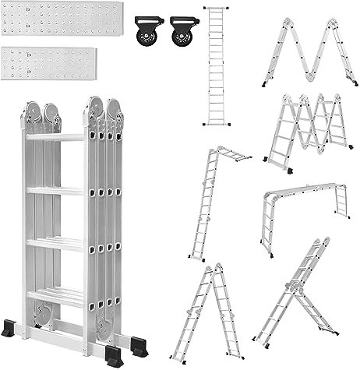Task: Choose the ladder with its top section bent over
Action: (x=210, y=203)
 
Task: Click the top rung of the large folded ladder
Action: (x=55, y=137)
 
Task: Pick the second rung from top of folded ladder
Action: (x=55, y=189)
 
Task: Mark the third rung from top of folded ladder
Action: (x=55, y=242)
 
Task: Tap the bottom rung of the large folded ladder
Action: (x=55, y=295)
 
